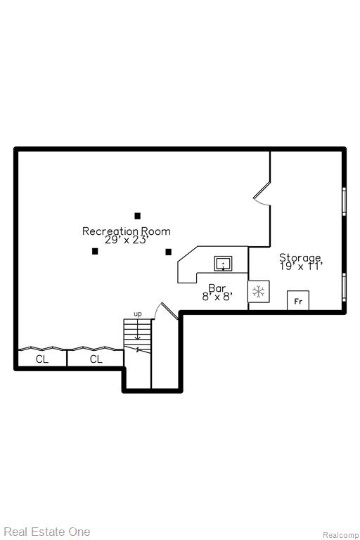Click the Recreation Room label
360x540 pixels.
click(x=126, y=231)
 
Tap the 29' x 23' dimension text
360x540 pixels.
click(x=127, y=240)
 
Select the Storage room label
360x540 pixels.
click(x=300, y=257)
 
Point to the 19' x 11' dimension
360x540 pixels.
click(x=301, y=266)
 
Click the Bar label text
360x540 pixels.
click(x=217, y=288)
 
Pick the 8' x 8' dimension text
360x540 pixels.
click(x=217, y=297)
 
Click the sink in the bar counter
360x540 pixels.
click(x=223, y=264)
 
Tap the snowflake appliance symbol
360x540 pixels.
click(x=258, y=292)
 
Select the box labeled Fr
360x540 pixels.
click(x=298, y=301)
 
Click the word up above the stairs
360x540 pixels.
click(x=137, y=314)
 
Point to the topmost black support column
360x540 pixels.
click(x=137, y=216)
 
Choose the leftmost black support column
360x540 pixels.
click(x=95, y=252)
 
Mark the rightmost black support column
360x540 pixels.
click(x=169, y=252)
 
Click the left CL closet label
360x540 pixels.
click(x=42, y=359)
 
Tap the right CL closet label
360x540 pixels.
click(x=96, y=359)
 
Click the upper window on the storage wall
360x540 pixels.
click(x=344, y=202)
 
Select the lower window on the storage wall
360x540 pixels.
click(x=344, y=287)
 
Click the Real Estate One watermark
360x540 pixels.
click(x=47, y=532)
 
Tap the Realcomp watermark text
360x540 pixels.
click(x=341, y=535)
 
